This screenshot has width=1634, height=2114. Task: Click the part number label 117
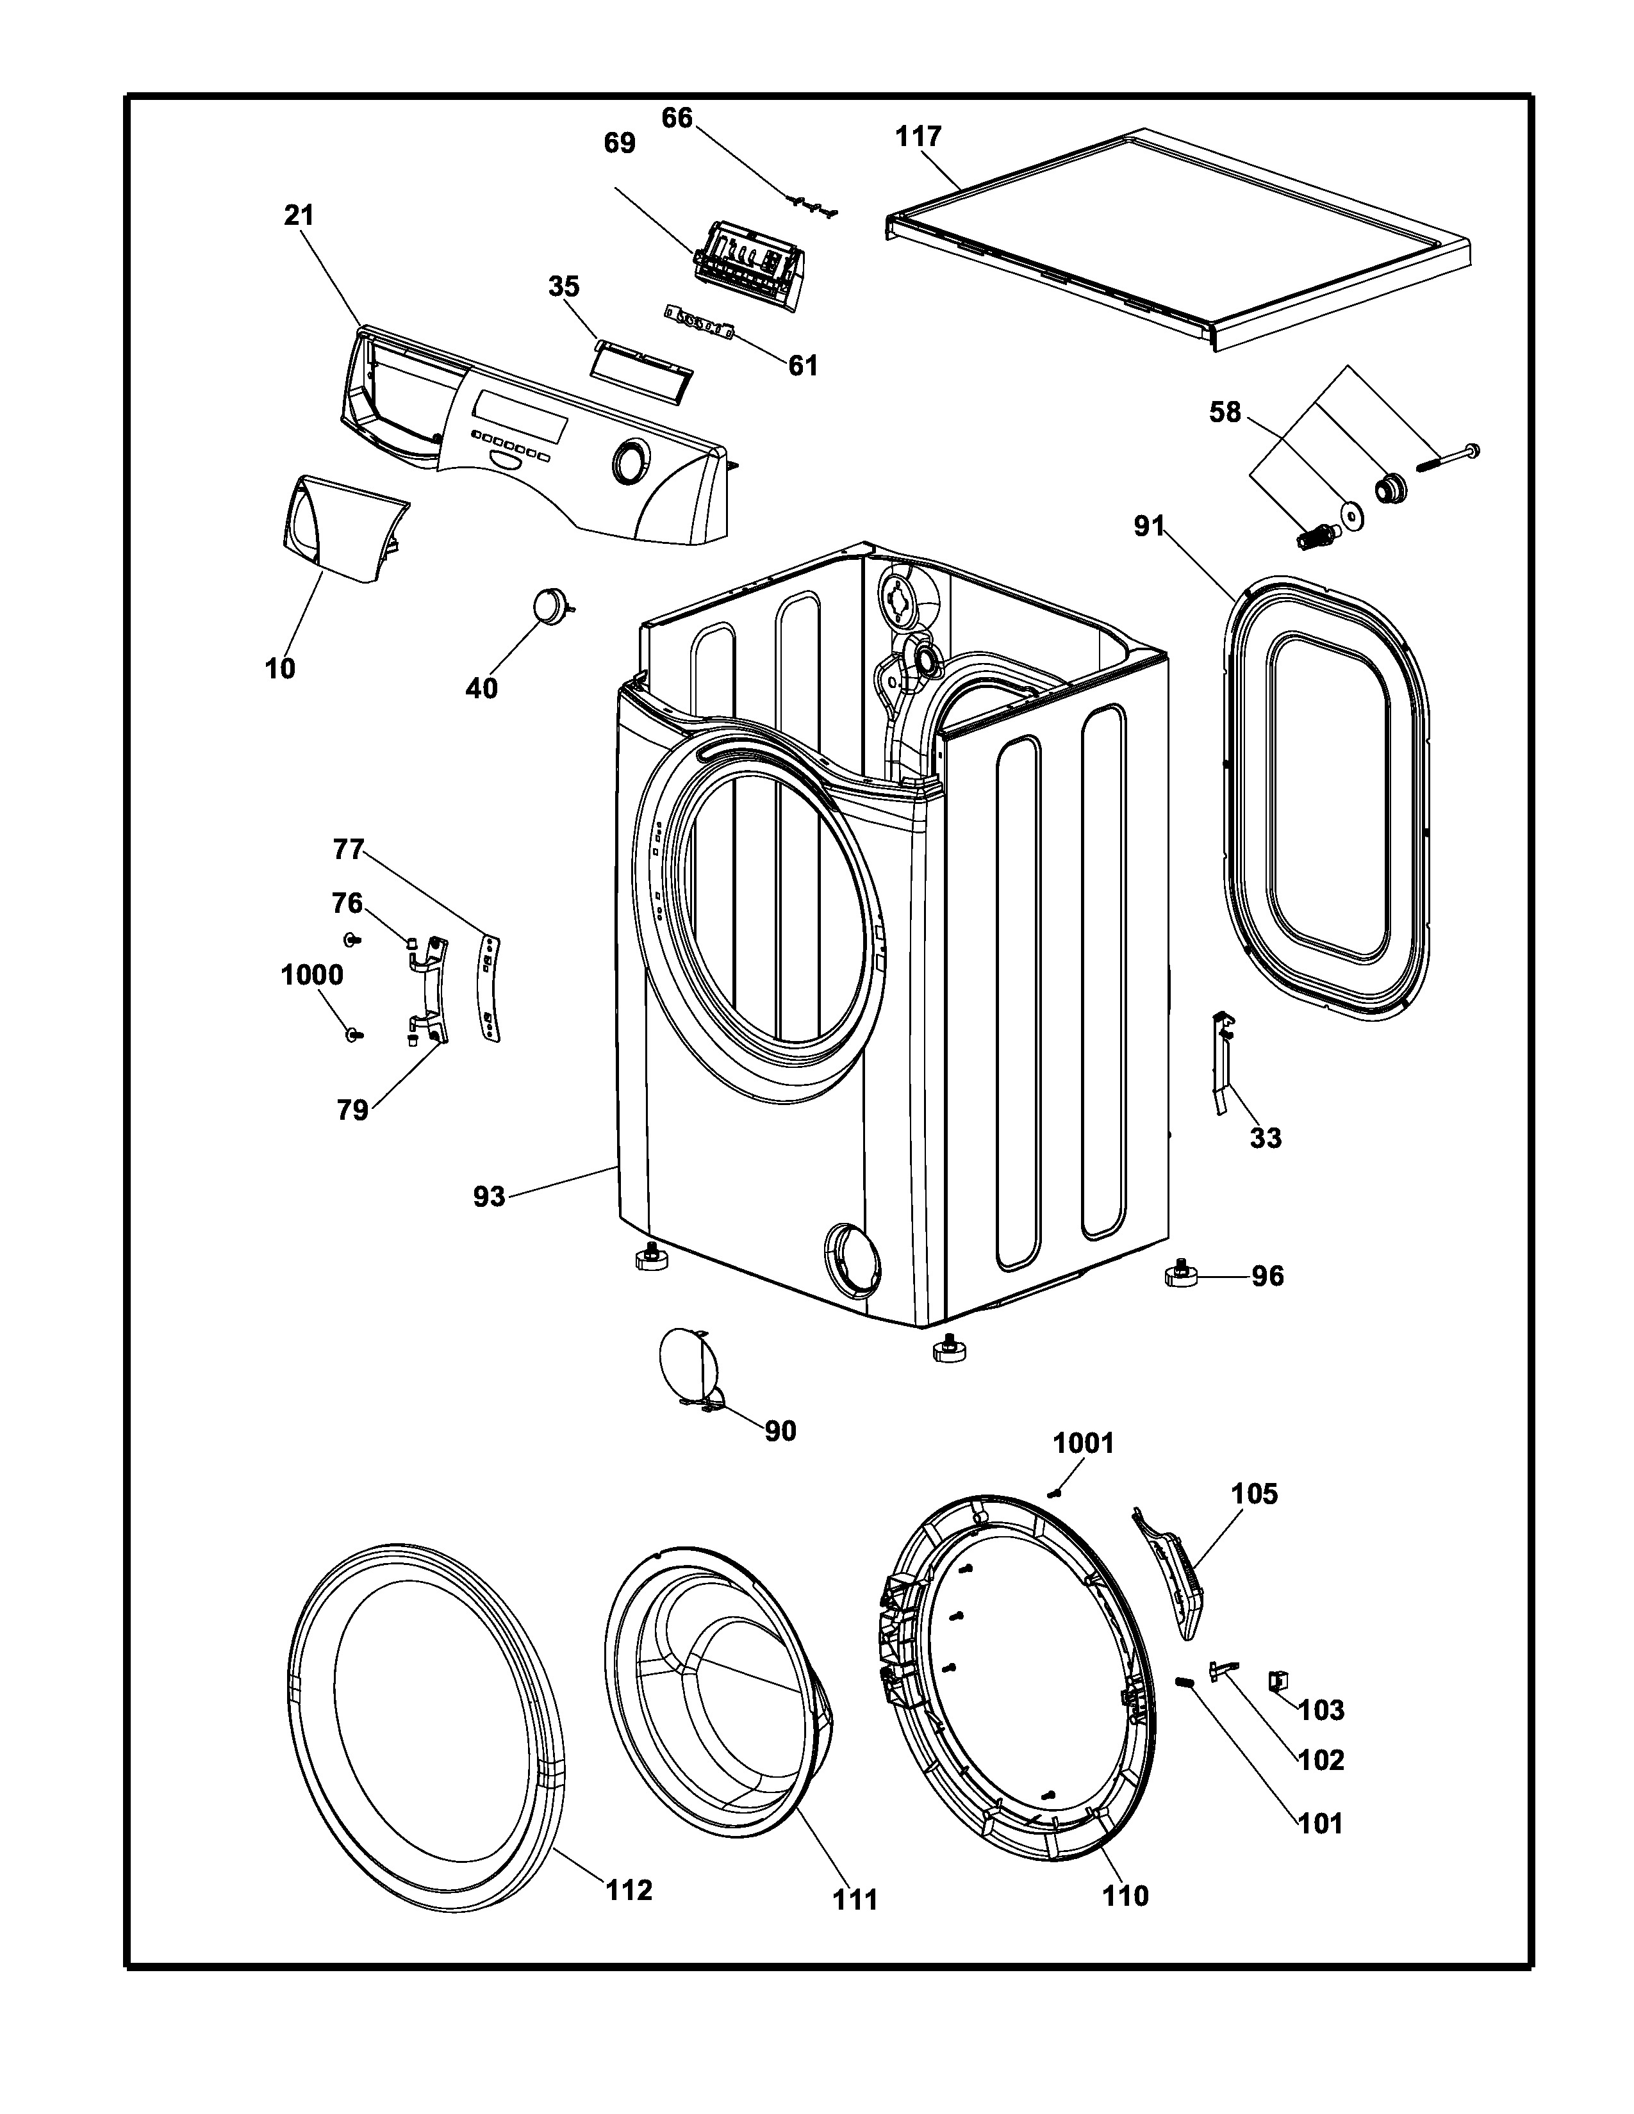click(x=918, y=136)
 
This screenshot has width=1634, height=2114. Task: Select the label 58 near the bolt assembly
click(x=1225, y=413)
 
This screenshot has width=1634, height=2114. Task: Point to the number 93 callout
click(x=489, y=1197)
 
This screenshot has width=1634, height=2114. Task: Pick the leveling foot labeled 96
click(x=1182, y=1273)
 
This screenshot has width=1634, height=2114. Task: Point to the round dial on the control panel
click(x=629, y=462)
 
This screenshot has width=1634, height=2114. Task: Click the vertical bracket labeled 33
click(x=1223, y=1062)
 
